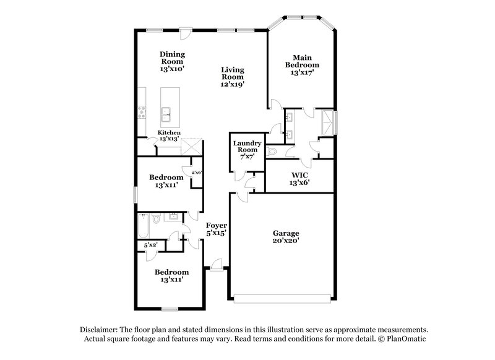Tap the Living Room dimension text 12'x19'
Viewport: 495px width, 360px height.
(x=233, y=85)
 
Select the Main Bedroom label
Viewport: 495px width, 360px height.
(x=302, y=61)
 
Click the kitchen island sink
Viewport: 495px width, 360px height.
(x=166, y=113)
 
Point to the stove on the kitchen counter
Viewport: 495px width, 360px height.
(x=142, y=112)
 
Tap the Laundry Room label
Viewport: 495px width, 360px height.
(x=246, y=147)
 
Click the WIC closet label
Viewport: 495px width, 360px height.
(x=300, y=176)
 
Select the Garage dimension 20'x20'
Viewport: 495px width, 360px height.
(x=286, y=242)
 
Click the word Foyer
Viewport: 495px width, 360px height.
(x=216, y=226)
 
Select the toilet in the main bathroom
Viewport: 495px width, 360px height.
(x=273, y=152)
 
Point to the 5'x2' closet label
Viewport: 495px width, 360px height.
(x=151, y=245)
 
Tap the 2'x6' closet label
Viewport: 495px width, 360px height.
(x=197, y=173)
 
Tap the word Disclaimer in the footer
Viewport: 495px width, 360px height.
(x=101, y=330)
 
